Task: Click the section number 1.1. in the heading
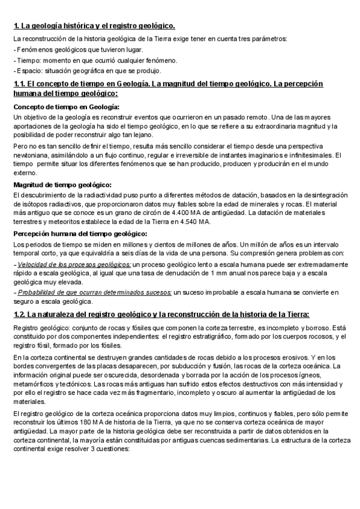coord(20,84)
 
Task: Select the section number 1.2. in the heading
coord(20,314)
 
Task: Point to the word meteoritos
coord(56,222)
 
